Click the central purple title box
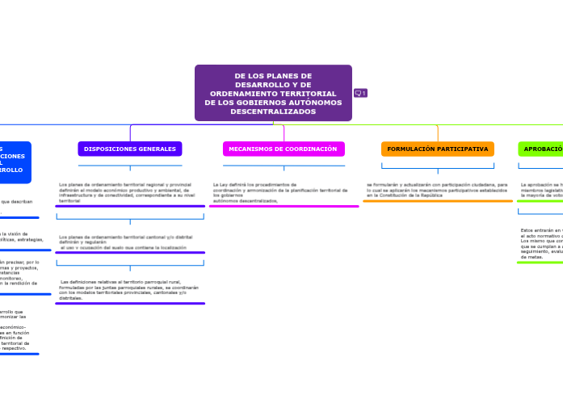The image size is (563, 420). tap(273, 93)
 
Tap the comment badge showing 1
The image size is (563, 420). tap(361, 94)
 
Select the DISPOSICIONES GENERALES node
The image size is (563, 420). tap(130, 149)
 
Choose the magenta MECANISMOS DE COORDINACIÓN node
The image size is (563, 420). tap(283, 149)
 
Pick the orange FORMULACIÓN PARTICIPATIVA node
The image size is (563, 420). tap(437, 149)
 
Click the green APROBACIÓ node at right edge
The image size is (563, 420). tap(540, 149)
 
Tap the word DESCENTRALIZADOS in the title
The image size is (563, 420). tap(273, 111)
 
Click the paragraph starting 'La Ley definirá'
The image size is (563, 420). tap(279, 192)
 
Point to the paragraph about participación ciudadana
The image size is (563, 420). tap(437, 190)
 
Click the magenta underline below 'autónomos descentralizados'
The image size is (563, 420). tap(284, 207)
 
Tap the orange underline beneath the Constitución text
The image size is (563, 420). tap(437, 201)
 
